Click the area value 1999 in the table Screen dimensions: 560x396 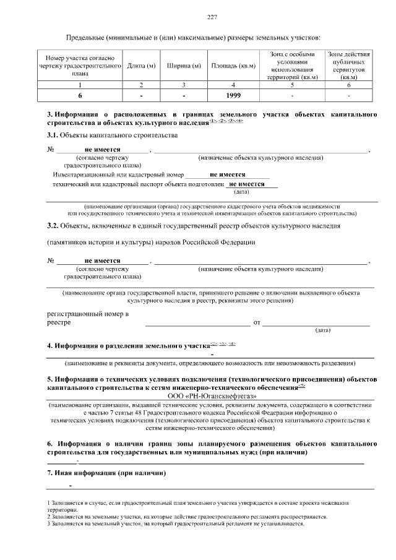(x=233, y=96)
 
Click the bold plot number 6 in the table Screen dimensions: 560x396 (x=80, y=96)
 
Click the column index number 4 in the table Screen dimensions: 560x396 (x=233, y=85)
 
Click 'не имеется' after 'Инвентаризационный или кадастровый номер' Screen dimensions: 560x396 (x=227, y=174)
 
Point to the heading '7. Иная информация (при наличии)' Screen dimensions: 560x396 (x=106, y=473)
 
